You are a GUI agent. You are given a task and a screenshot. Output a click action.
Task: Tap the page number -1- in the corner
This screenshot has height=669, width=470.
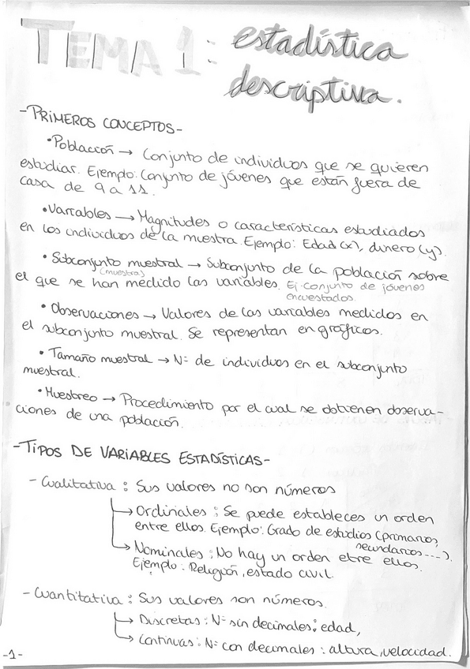tap(13, 654)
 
